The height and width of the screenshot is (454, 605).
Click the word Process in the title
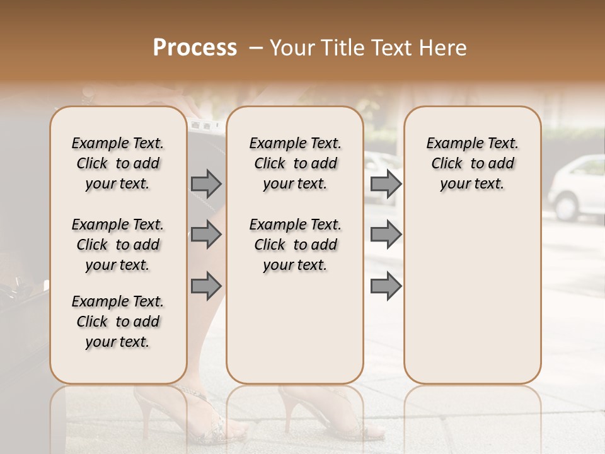pos(195,48)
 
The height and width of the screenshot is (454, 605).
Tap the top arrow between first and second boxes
pos(206,183)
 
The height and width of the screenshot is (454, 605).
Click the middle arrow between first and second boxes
pos(206,235)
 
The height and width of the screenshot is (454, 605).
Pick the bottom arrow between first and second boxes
pos(206,285)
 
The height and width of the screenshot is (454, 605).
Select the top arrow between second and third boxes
pos(386,183)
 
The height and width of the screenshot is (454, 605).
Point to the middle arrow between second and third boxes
pos(386,235)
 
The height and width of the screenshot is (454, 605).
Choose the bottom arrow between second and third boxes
pos(386,285)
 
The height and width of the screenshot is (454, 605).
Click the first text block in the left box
pos(118,163)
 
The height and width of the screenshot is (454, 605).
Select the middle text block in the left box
pos(118,245)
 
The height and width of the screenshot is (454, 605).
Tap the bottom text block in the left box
pos(118,322)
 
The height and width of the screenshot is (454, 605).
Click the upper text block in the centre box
pos(295,163)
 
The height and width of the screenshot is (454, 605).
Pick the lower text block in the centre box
pos(295,245)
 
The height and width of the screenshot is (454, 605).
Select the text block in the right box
pos(472,163)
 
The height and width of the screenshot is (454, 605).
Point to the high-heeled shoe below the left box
pos(189,416)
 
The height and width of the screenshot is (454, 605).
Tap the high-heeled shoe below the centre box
pos(328,413)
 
